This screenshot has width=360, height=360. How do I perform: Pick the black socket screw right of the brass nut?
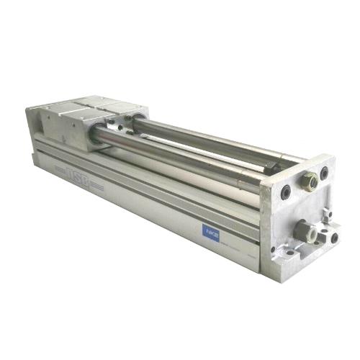[325, 173]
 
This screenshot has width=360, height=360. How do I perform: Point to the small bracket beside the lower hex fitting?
[325, 216]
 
